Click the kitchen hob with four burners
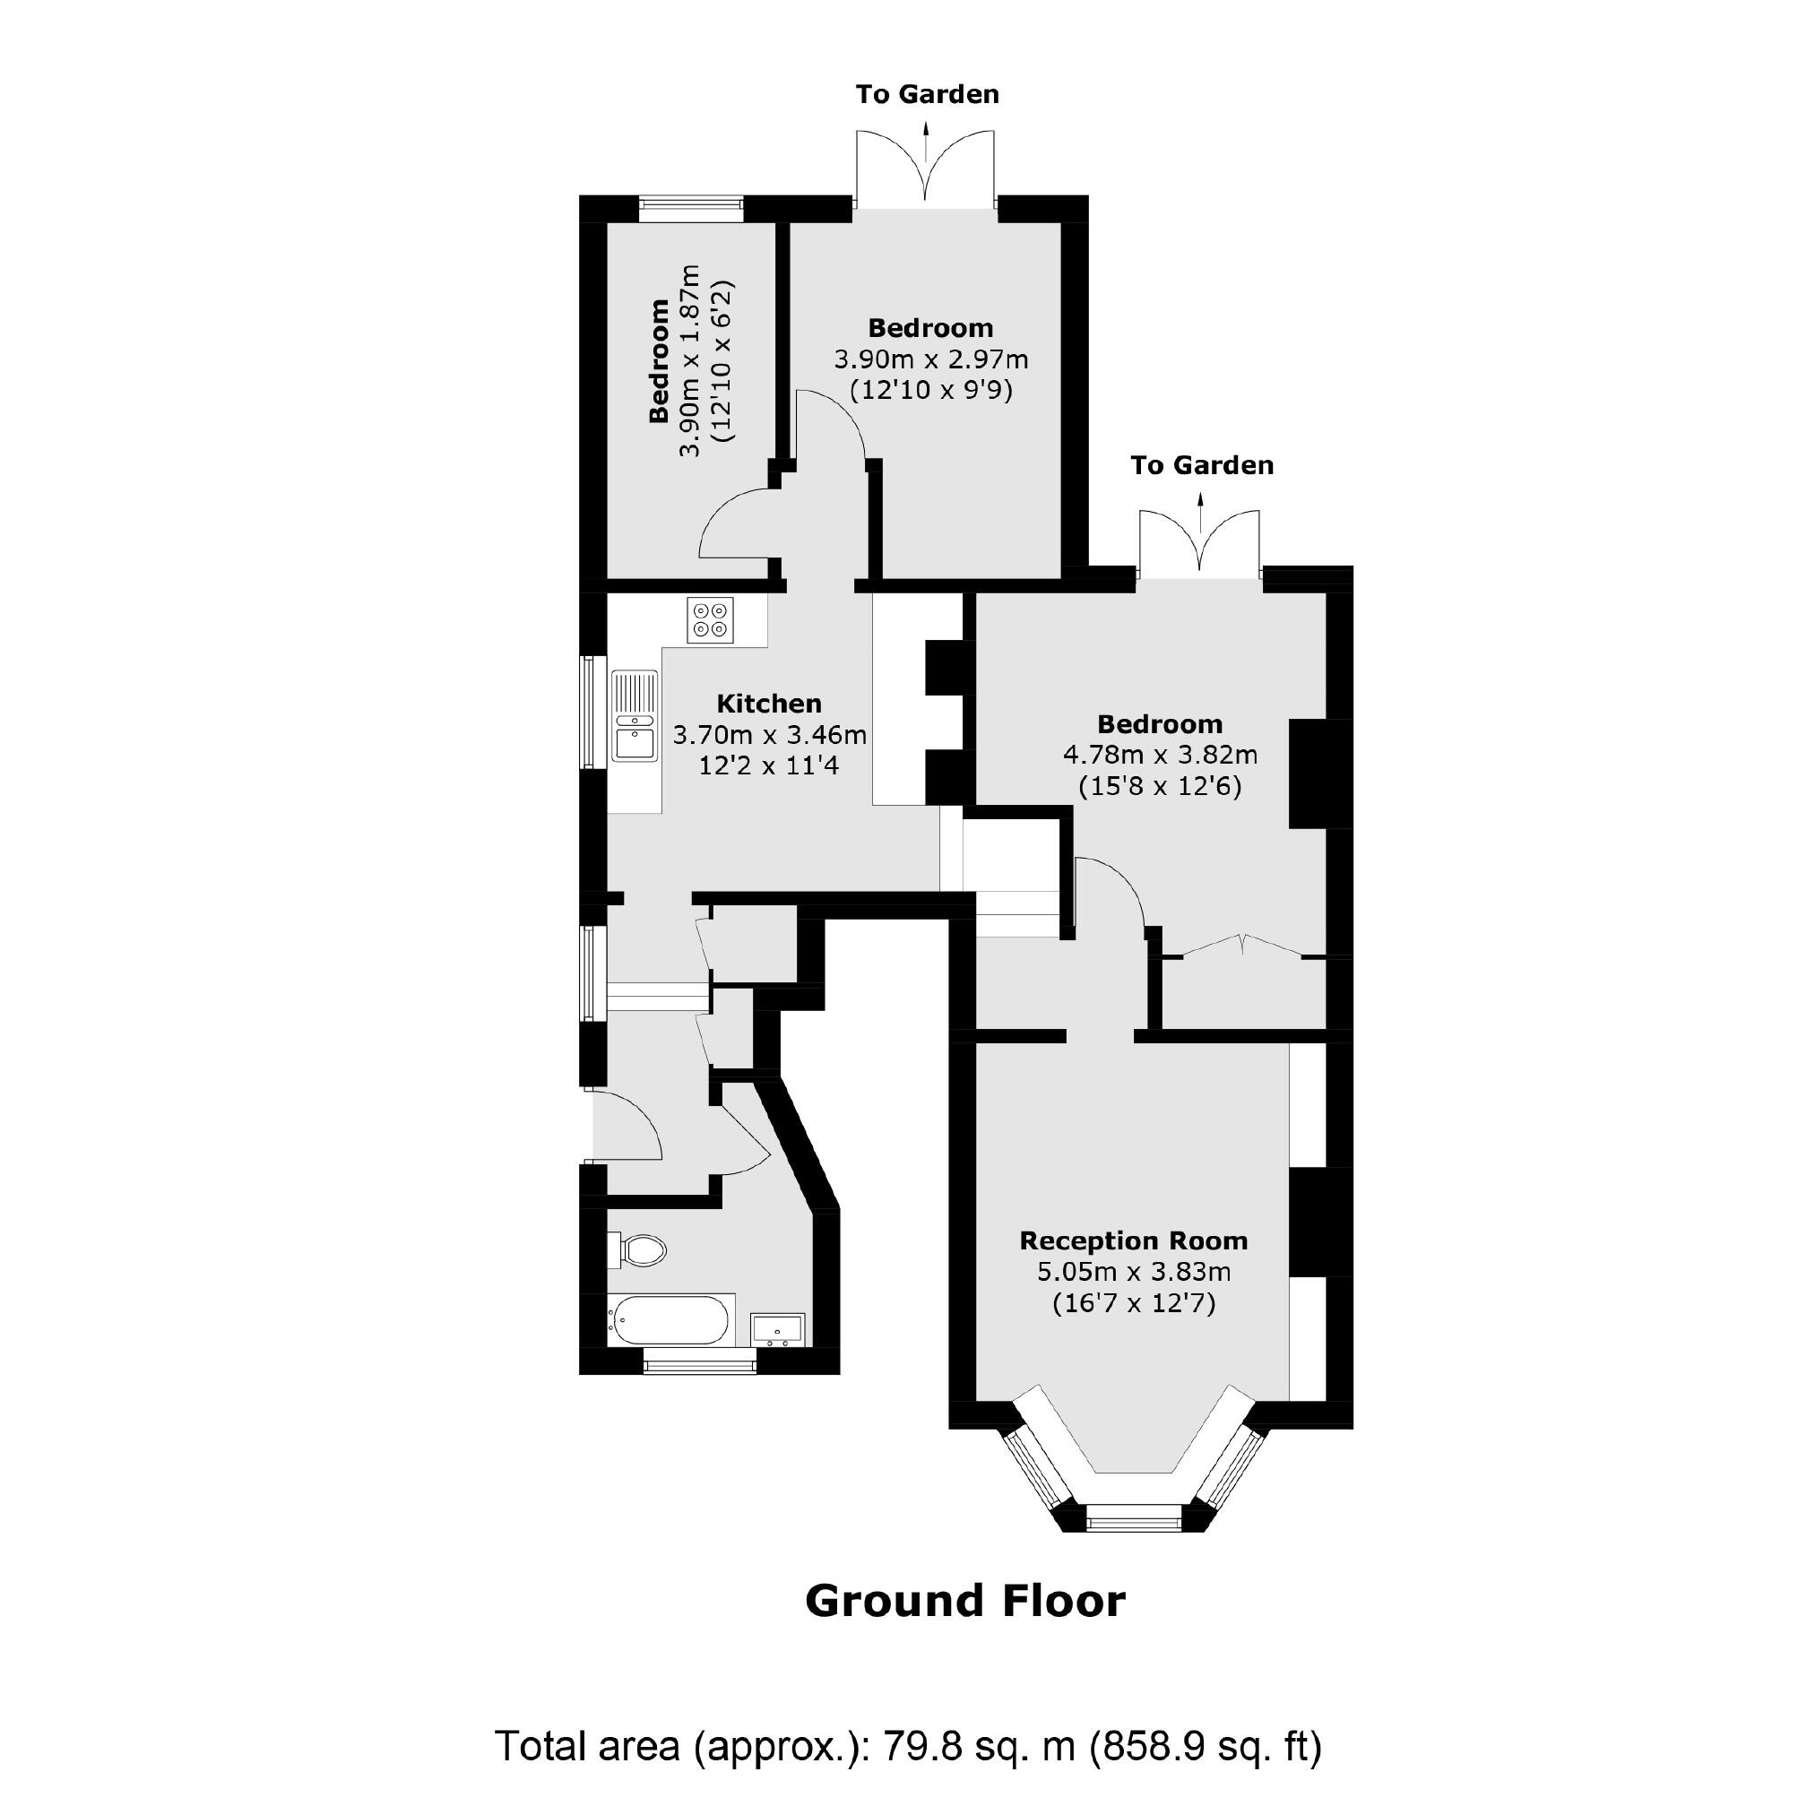point(710,620)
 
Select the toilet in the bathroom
point(639,1250)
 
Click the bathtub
point(669,1320)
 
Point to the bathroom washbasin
point(777,1329)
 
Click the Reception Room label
point(1133,1241)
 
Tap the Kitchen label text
point(768,704)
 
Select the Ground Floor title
point(964,1601)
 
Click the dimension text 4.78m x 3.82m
point(1159,755)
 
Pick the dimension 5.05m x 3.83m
point(1133,1272)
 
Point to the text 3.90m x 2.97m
point(930,359)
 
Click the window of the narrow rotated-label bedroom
point(690,208)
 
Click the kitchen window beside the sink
point(592,712)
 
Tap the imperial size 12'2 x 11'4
point(768,765)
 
